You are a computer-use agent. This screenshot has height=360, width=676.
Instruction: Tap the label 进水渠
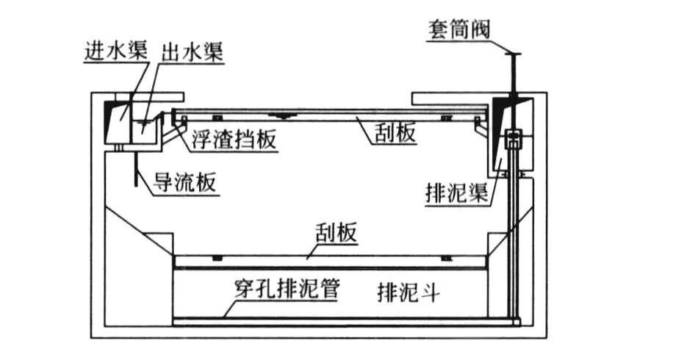pos(115,50)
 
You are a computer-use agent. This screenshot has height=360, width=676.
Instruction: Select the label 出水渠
pos(192,51)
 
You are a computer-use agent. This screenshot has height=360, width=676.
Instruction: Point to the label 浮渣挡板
pos(234,139)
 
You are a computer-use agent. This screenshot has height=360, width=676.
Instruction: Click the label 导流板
pos(184,182)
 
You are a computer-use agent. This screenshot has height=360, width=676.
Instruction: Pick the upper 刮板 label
pos(395,133)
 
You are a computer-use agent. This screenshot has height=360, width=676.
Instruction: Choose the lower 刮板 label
pos(337,233)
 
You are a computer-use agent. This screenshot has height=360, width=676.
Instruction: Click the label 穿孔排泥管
pos(287,289)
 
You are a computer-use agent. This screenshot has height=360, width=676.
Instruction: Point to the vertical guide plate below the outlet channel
pos(135,170)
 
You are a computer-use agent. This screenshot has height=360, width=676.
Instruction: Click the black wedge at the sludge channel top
pos(506,115)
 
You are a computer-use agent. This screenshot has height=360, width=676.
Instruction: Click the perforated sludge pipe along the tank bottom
pos(345,320)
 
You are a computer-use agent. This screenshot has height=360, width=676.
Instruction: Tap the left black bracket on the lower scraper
pos(217,259)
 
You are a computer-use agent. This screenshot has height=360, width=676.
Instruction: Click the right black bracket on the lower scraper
pos(447,259)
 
